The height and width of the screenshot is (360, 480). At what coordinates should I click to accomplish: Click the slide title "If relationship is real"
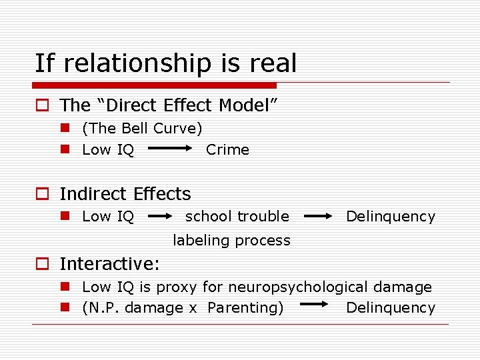tap(165, 64)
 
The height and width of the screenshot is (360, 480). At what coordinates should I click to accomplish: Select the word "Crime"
tap(227, 150)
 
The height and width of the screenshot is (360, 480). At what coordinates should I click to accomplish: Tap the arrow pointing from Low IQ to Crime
tap(169, 150)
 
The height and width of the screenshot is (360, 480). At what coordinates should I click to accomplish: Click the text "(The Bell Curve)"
tap(142, 128)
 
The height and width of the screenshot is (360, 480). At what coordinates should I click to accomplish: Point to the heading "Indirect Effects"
tap(125, 194)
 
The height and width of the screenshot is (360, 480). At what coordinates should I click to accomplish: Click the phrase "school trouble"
tap(237, 216)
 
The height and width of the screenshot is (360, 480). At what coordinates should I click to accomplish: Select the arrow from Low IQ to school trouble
tap(160, 216)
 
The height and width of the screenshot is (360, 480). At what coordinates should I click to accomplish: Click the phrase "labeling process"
tap(231, 240)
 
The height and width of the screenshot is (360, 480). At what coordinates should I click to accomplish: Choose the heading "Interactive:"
tap(109, 264)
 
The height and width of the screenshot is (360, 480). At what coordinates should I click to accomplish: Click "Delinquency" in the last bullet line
tap(391, 308)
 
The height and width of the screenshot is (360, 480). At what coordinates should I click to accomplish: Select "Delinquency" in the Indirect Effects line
tap(391, 216)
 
